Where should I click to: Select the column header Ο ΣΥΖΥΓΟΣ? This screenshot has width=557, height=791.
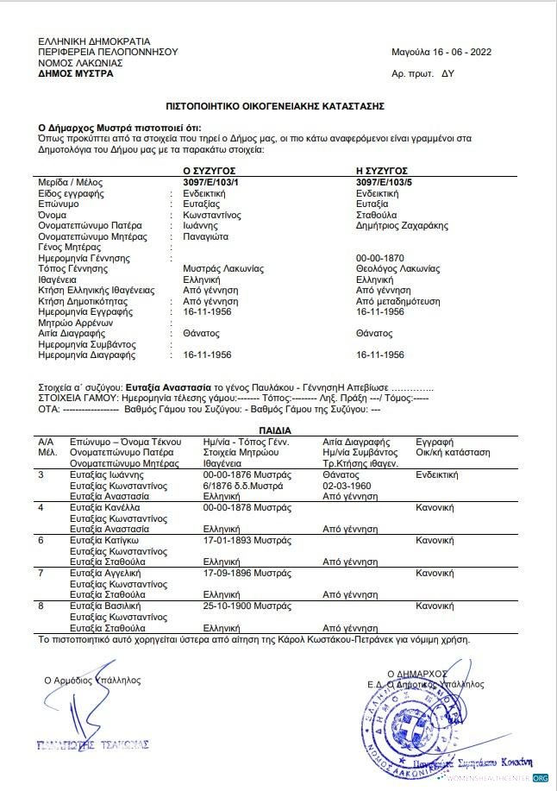tap(210, 172)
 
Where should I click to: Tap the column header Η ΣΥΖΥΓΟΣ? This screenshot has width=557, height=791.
tap(382, 172)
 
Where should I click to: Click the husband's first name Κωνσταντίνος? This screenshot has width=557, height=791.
tap(212, 215)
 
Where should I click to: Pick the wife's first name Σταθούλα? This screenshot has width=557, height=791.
tap(377, 215)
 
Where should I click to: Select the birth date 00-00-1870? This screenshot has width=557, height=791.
tap(379, 258)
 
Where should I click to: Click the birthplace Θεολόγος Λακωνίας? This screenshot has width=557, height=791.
tap(397, 269)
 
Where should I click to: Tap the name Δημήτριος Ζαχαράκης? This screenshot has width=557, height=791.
tap(403, 226)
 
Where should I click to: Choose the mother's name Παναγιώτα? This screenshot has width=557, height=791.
tap(206, 236)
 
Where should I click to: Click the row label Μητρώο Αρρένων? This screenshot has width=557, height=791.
tap(76, 323)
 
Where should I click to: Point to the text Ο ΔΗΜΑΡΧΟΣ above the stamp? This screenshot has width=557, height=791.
tap(417, 673)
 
